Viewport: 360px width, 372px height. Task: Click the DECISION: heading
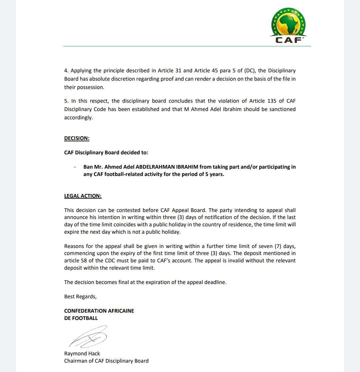(77, 138)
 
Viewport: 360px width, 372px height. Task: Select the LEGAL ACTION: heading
(83, 196)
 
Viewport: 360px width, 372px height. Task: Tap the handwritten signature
(88, 337)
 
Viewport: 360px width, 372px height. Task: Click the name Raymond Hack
(82, 353)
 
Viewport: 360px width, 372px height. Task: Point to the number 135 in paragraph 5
(272, 101)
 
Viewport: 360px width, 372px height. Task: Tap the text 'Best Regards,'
(80, 296)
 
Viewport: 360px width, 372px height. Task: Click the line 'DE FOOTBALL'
(81, 318)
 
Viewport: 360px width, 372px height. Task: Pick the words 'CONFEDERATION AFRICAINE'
(99, 311)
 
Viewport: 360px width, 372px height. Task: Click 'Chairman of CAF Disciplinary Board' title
(106, 361)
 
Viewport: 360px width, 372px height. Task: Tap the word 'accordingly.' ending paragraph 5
(79, 118)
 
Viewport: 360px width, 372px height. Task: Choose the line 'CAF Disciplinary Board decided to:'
(106, 153)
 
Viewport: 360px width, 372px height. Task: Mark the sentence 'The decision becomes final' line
(145, 282)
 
